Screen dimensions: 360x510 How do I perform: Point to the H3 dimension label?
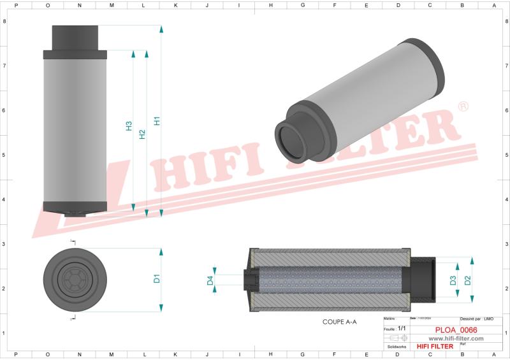128,126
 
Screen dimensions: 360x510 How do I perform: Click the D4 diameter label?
210,280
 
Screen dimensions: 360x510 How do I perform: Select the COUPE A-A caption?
339,322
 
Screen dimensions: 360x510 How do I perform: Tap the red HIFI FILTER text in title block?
435,346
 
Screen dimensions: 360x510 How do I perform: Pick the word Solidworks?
396,347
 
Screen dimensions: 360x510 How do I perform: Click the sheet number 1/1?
402,326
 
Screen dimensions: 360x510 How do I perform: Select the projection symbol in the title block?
398,337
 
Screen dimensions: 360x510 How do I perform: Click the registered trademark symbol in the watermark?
463,107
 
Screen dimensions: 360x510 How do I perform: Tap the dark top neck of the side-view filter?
75,37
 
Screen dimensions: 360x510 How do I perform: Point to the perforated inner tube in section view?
328,280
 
